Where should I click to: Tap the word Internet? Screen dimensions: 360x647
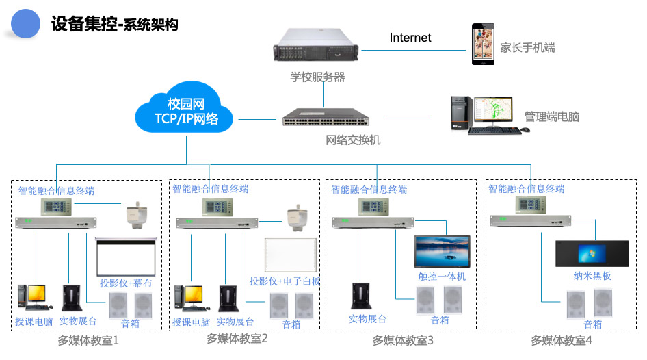[410, 38]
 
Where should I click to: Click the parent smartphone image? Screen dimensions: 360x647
[483, 44]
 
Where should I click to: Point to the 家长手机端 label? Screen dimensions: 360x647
[527, 48]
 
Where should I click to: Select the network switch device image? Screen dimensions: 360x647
[328, 118]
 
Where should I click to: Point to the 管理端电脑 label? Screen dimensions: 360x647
[551, 116]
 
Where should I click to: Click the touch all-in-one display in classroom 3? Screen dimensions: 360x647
[442, 250]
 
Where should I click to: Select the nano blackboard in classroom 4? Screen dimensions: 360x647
[592, 254]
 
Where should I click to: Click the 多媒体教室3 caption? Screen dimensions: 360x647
[404, 339]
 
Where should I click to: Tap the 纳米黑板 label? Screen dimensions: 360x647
[592, 276]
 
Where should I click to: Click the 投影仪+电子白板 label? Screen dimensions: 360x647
[285, 281]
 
